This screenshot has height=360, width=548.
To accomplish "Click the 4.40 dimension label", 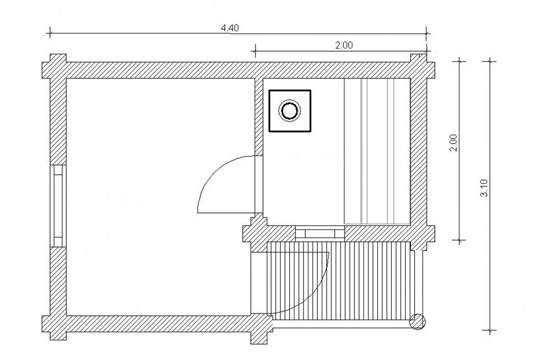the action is click(x=229, y=28).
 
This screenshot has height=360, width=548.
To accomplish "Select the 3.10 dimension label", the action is click(x=484, y=188).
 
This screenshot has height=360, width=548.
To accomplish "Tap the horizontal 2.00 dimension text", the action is click(x=344, y=46).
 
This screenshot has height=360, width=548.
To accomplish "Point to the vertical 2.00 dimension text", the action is click(x=453, y=143).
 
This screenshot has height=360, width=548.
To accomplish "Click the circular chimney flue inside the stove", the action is click(x=290, y=111).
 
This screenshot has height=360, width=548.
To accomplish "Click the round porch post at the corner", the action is click(x=417, y=322).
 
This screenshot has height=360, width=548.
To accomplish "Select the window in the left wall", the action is click(x=58, y=206).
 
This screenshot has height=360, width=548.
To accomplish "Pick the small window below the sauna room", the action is click(x=320, y=234).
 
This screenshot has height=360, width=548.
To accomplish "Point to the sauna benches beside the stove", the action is click(x=377, y=151).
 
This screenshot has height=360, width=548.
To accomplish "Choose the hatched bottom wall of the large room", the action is click(x=158, y=323).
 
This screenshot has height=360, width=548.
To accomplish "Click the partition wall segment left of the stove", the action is click(x=259, y=117).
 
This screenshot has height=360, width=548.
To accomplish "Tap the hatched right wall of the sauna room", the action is click(x=419, y=152).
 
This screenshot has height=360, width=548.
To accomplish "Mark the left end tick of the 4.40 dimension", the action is click(x=50, y=32).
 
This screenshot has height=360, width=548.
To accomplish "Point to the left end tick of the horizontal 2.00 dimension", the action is click(x=255, y=51).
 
